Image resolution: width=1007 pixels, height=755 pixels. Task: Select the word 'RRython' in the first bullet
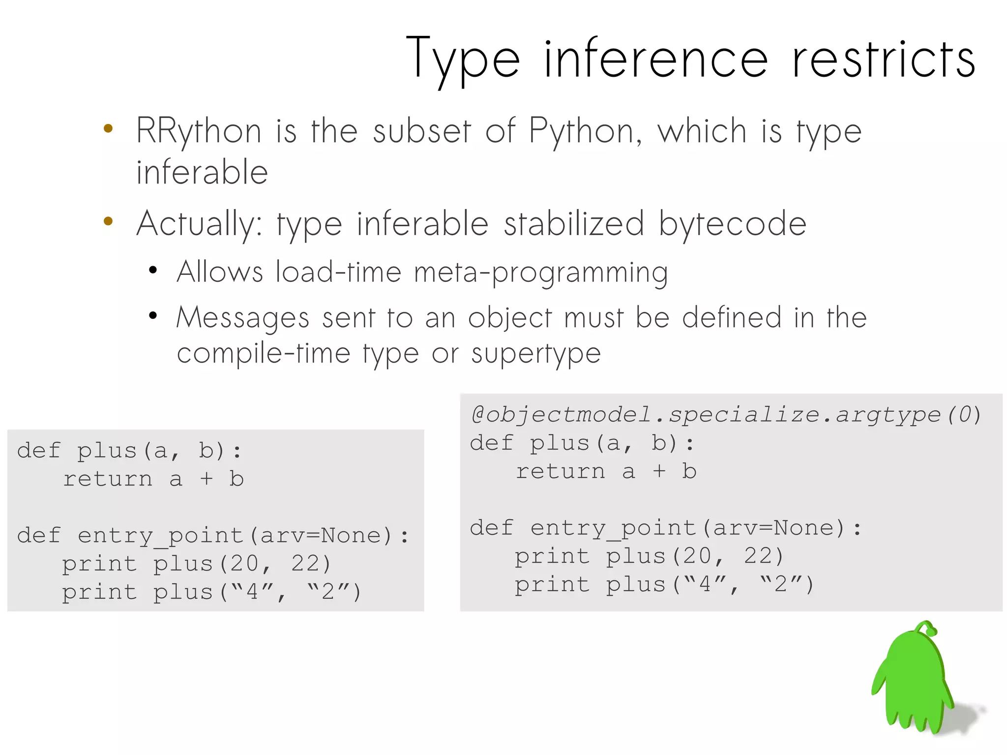click(x=199, y=132)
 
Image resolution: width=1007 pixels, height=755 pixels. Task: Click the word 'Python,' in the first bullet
click(x=585, y=132)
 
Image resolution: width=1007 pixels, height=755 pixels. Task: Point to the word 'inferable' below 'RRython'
click(x=202, y=172)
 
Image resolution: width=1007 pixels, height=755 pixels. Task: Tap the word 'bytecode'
click(x=733, y=224)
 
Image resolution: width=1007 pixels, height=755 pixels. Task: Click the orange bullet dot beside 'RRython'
click(x=108, y=129)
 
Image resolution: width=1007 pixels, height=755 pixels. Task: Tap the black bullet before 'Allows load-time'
click(x=153, y=270)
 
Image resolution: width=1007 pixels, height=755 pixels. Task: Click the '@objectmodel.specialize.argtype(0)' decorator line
click(x=726, y=415)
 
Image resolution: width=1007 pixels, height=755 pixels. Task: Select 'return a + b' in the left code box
click(x=153, y=479)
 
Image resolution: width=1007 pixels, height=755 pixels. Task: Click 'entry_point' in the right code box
click(x=614, y=528)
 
